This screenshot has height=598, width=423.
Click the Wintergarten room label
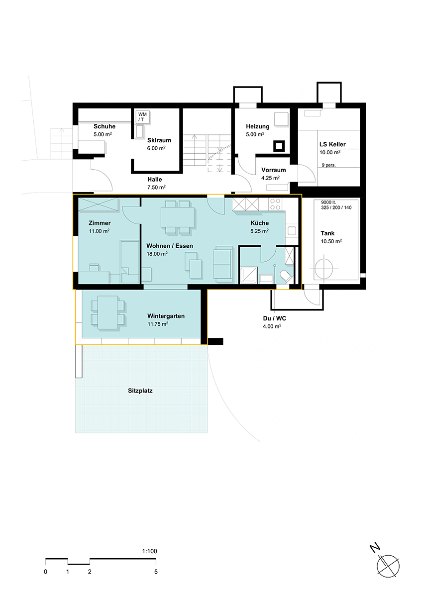coord(166,316)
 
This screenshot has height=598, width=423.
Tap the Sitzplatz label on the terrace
coord(140,391)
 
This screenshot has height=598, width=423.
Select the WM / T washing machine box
coord(143,117)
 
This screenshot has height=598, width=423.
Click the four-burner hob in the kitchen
coord(275,204)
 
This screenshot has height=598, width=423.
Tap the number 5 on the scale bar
coord(156,572)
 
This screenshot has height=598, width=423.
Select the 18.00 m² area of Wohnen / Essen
coord(157,254)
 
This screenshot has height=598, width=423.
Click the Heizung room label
coord(258,126)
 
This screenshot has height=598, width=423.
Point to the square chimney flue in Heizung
coord(279,146)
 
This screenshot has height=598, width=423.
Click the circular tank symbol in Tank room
coord(324,269)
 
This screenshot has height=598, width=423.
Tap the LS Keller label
coord(332,144)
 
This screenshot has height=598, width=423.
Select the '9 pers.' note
coord(329,165)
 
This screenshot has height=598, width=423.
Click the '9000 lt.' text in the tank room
coord(328,202)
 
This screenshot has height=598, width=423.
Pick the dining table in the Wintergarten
coord(108,312)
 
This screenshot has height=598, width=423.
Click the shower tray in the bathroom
coord(249,275)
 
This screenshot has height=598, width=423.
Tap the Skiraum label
coord(159,140)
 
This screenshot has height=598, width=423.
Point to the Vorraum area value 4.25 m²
coord(271,178)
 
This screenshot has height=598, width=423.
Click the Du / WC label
coord(275,318)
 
